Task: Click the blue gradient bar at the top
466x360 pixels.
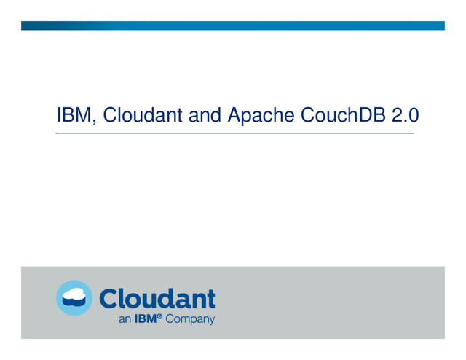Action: coord(233,26)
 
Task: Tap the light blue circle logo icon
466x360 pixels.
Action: coord(74,298)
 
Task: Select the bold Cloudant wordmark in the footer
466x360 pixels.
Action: coord(157,299)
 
